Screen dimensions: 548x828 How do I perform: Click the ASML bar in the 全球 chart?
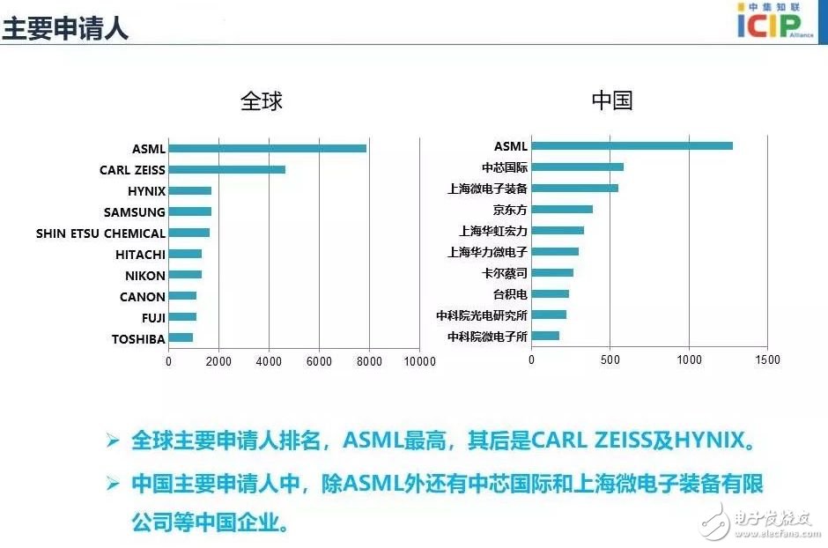coord(267,148)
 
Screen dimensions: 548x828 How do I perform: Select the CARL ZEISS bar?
coord(226,169)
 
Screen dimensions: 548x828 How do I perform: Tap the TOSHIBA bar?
coord(181,337)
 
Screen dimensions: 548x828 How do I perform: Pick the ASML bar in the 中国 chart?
coord(632,145)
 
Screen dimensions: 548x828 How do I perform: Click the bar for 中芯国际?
coord(577,167)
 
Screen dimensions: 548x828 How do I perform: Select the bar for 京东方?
coord(562,209)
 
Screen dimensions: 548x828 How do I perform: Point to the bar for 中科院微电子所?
coord(545,336)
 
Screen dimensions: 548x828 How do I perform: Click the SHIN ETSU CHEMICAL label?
coord(100,233)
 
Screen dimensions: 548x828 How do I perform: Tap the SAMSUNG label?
coord(134,212)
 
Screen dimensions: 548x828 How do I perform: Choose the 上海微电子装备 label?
coord(487,189)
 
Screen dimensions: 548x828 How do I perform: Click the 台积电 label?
coord(510,294)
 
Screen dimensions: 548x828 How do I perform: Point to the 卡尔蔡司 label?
coord(505,273)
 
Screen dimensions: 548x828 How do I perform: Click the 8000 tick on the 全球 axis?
coord(369,360)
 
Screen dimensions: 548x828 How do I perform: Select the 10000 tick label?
coord(419,360)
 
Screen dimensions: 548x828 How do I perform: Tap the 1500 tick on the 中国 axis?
coord(767,359)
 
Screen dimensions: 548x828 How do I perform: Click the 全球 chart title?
coord(262,100)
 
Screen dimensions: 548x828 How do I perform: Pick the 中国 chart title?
coord(611,100)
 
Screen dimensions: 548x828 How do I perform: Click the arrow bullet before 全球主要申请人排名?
coord(112,440)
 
